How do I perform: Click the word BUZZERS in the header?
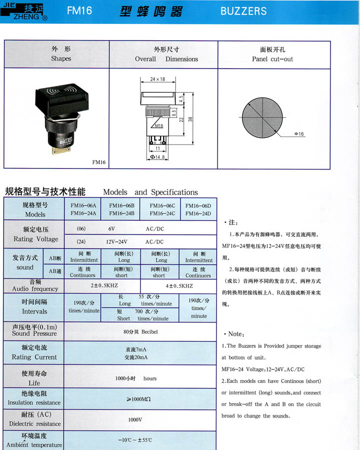243,11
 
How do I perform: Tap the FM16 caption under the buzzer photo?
99,162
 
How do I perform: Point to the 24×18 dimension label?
157,79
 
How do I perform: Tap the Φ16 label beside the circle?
299,134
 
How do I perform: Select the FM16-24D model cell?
198,214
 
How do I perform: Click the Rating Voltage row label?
34,234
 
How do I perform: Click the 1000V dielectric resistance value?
135,419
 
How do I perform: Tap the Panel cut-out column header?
272,54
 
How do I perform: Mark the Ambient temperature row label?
34,440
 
